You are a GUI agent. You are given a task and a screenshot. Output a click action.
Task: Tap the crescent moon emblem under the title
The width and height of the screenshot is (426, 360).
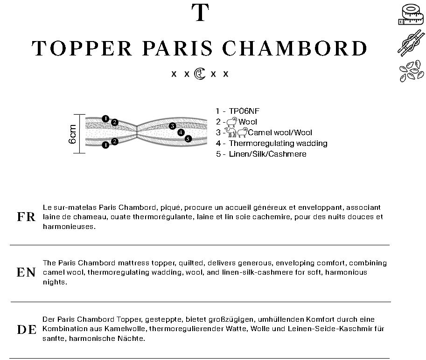[200, 74]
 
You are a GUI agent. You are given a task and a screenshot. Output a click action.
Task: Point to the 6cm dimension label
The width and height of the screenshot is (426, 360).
[73, 134]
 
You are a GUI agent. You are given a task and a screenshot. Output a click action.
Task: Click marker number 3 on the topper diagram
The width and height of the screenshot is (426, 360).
[173, 126]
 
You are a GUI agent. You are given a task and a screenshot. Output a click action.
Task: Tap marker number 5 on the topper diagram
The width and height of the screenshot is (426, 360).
[188, 138]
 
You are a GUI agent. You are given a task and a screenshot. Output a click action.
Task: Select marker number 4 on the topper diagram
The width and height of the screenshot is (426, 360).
[181, 132]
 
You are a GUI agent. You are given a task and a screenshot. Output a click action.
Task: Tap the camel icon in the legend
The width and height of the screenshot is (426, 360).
[231, 132]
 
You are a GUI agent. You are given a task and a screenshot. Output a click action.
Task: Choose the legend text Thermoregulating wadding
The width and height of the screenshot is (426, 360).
[278, 143]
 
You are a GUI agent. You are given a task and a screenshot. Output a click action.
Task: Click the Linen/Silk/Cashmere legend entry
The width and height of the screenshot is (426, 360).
[268, 154]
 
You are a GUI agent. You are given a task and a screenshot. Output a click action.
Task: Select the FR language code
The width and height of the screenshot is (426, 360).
[26, 217]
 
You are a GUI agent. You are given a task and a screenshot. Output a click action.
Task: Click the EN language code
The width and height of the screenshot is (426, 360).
[26, 273]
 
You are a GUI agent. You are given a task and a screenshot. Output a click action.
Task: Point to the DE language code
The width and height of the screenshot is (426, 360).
[27, 330]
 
